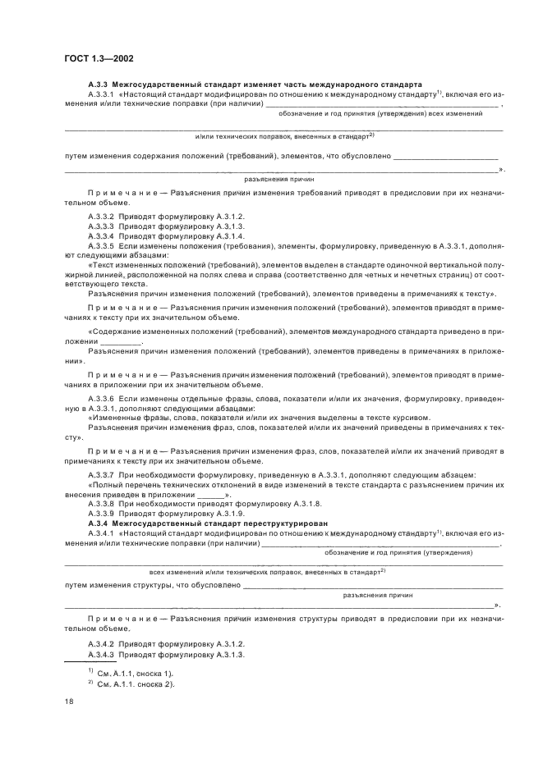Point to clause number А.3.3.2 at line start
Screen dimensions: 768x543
coord(101,216)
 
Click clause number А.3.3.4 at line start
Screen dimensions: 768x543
coord(101,235)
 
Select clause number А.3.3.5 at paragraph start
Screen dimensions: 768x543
coord(101,245)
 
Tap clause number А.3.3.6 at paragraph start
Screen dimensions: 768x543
coord(101,397)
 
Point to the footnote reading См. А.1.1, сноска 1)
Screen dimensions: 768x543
coord(135,673)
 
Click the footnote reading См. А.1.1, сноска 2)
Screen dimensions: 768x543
coord(135,683)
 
